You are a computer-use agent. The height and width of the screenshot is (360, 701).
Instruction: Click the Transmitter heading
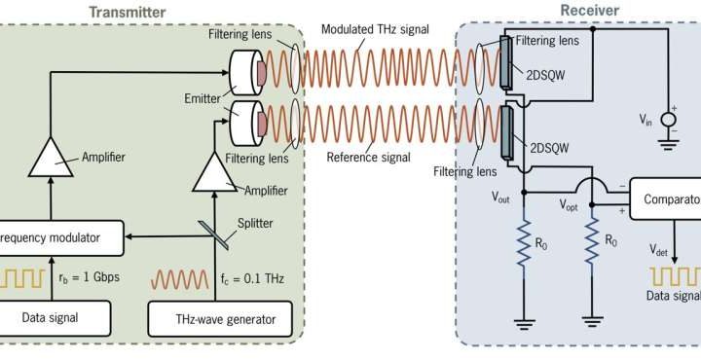(x=127, y=11)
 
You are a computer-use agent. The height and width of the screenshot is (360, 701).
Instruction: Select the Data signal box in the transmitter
(x=51, y=316)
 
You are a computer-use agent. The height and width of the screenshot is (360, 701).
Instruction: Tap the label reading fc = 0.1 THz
(x=249, y=277)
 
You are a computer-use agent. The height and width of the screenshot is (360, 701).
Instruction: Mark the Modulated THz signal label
(x=376, y=29)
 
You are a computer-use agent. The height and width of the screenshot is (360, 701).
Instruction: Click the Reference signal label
(x=365, y=155)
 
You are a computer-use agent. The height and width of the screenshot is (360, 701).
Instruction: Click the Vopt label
(x=569, y=205)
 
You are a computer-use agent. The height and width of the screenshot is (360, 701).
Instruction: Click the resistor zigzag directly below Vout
(x=526, y=238)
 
